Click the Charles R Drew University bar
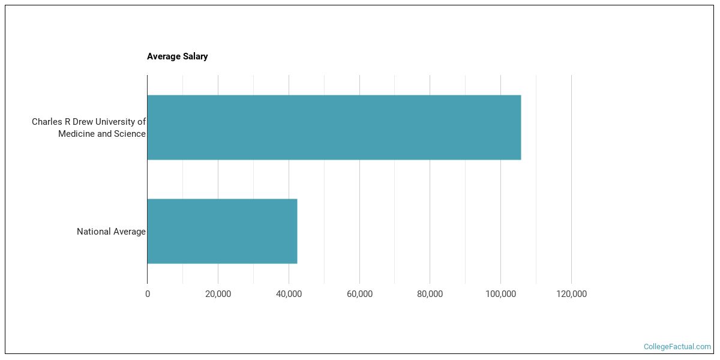(334, 127)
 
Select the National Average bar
(222, 231)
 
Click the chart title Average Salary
(177, 56)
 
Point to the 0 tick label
(148, 294)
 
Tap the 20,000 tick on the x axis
(218, 294)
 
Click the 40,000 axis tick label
(289, 294)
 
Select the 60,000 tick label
(359, 294)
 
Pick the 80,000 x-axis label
(430, 294)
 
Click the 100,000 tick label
(500, 294)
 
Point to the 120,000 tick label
(571, 294)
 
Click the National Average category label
(111, 232)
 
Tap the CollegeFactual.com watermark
(677, 347)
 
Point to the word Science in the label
(130, 134)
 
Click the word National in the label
(93, 232)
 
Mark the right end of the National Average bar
(296, 231)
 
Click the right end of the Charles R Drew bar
(520, 127)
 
